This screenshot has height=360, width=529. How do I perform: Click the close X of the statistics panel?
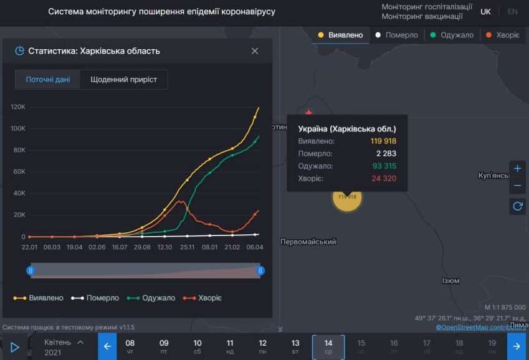point(254,51)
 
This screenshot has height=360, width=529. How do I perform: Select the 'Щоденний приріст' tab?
point(123,80)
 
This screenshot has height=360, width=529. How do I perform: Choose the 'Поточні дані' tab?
point(48,80)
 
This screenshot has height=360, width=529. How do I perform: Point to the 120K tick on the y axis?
point(18,107)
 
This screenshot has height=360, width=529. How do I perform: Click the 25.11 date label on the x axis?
point(188,247)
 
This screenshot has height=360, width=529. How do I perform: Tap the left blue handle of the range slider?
point(30,270)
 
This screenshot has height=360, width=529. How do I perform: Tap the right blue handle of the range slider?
point(261,270)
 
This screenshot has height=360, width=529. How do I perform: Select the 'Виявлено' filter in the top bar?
point(340,35)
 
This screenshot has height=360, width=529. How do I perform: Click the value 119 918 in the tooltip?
point(383,141)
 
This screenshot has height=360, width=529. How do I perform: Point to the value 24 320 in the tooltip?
point(383,179)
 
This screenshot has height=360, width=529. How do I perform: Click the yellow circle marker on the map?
point(347,198)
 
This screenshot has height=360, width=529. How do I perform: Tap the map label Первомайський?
point(308,242)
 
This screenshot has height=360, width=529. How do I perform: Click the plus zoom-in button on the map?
point(517,169)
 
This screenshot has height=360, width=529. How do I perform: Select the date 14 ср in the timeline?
point(328,346)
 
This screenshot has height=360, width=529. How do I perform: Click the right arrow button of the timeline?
point(517,346)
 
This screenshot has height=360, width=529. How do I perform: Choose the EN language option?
point(512,12)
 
